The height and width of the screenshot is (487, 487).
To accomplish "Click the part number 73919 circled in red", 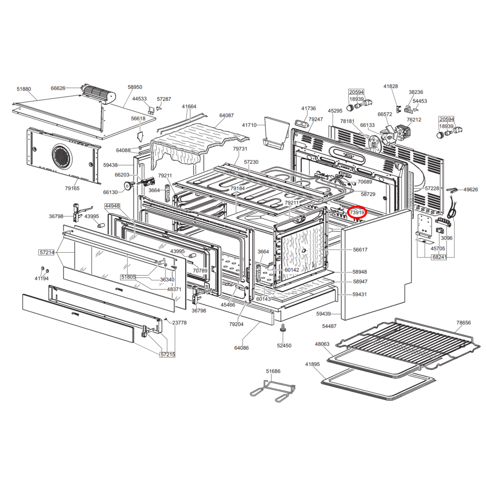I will coord(357,212).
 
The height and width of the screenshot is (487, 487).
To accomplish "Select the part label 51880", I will coord(24,89).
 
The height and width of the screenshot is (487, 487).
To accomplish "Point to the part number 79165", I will coord(72,188).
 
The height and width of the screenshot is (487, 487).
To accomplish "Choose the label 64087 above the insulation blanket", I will coord(226,115).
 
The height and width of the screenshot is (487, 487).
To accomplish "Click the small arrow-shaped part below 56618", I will coord(140,136).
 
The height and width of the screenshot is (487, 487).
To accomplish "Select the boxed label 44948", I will coord(112,206).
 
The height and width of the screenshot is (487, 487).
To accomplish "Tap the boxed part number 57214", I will coord(47,252).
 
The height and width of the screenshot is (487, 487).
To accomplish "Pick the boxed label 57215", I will coord(168,355).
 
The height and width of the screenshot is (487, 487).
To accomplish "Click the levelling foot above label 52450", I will coord(282,328).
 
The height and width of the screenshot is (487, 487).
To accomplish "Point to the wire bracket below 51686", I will coord(273,391).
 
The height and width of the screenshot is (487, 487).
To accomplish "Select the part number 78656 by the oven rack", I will coord(463,323).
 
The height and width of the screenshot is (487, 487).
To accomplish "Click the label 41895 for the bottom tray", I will coord(312,364).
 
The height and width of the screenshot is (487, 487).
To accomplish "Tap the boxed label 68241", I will coord(439,257).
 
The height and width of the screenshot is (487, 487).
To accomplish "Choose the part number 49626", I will coord(470,189).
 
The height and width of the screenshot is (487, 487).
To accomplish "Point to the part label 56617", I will coord(360,249).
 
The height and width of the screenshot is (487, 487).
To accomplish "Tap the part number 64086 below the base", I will coord(241,348).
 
